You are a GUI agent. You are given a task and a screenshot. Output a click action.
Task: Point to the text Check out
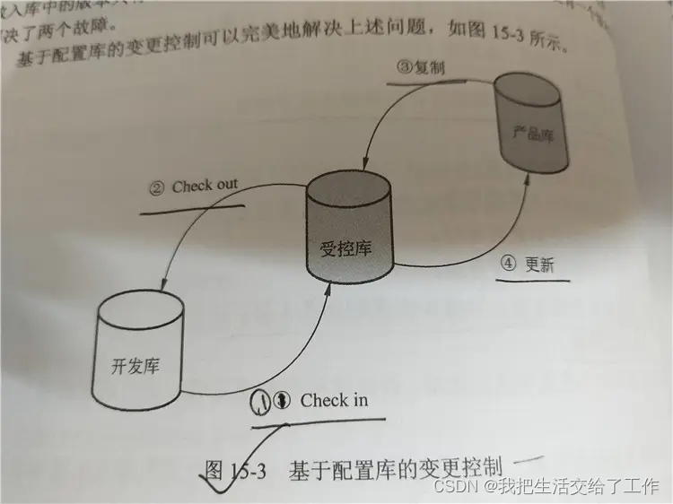[205, 186]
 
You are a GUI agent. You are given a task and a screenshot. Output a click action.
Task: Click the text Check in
[334, 400]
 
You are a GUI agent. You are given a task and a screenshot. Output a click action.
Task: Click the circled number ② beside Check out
[157, 187]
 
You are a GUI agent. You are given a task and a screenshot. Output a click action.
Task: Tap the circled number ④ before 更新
[509, 264]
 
